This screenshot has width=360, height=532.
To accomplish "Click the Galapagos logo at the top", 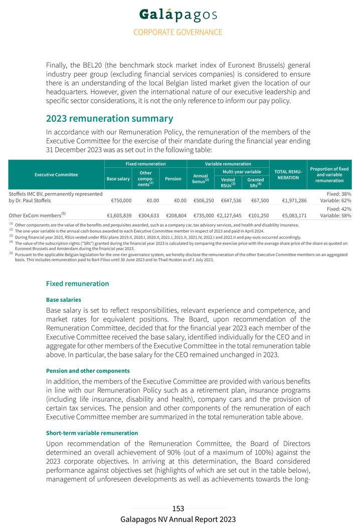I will click(178, 16).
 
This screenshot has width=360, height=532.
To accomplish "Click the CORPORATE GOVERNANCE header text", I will click(178, 32).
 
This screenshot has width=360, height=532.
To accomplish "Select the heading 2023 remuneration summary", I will click(109, 119).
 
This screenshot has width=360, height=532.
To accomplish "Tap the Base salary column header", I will click(118, 179).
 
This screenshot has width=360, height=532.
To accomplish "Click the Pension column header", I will click(173, 179).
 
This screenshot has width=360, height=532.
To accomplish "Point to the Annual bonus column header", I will click(201, 179).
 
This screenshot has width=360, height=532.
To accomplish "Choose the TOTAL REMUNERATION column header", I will click(288, 174).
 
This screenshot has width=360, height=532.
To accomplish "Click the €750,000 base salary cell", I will click(121, 201).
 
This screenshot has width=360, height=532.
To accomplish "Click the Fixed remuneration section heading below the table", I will click(77, 284).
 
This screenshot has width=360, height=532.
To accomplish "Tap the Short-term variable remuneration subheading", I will click(92, 433).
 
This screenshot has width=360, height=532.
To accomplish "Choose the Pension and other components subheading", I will click(88, 371).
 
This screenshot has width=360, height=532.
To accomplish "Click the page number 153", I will click(178, 508).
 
